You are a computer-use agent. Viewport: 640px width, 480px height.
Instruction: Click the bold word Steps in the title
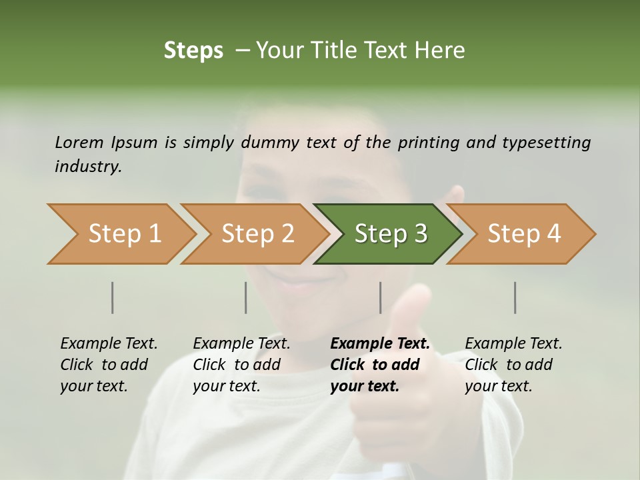pyautogui.click(x=193, y=51)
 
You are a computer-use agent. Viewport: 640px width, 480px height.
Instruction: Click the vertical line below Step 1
pyautogui.click(x=113, y=297)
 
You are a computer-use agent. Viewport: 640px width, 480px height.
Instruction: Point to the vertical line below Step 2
pyautogui.click(x=246, y=297)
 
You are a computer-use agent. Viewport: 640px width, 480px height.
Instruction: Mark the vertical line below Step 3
pyautogui.click(x=381, y=297)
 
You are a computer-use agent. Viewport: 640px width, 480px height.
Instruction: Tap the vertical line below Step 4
pyautogui.click(x=515, y=297)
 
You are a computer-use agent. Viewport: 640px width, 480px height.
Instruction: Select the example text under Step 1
pyautogui.click(x=108, y=365)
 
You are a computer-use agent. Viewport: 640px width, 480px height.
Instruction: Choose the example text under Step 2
pyautogui.click(x=241, y=365)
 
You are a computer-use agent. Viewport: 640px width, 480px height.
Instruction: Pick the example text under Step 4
pyautogui.click(x=513, y=365)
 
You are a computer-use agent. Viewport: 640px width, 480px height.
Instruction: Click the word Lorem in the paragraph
pyautogui.click(x=79, y=143)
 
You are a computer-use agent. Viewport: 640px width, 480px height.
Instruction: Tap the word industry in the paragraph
pyautogui.click(x=87, y=167)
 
